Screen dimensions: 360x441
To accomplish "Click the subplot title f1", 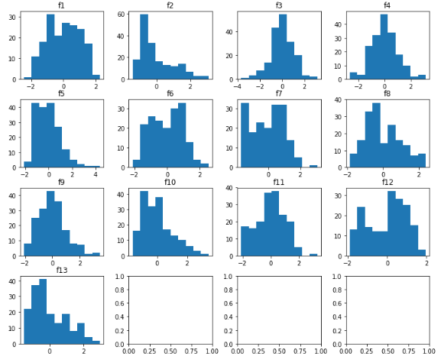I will click(x=62, y=6).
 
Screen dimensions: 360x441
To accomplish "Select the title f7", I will click(x=279, y=95).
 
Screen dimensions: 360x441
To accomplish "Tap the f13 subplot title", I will click(x=62, y=270).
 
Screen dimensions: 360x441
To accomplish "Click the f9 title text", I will click(x=62, y=183).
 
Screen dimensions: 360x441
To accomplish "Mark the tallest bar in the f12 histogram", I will click(x=391, y=223).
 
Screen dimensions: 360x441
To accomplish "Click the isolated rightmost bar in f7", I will click(x=313, y=165).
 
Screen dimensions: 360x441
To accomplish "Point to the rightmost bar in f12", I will click(x=422, y=252).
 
